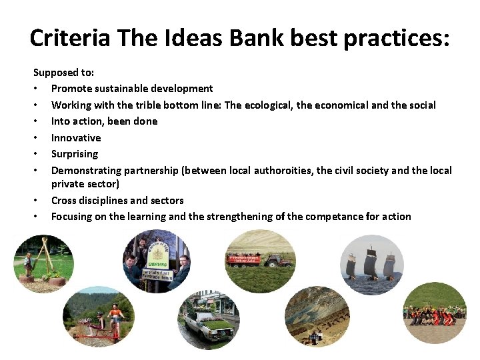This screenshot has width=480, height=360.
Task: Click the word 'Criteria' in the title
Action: pyautogui.click(x=70, y=38)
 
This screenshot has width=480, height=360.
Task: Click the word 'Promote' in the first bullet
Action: pyautogui.click(x=71, y=89)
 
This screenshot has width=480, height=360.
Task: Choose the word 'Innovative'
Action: pyautogui.click(x=76, y=138)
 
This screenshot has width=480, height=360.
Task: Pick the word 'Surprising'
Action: pyautogui.click(x=75, y=154)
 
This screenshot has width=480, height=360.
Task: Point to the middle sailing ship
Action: pyautogui.click(x=371, y=263)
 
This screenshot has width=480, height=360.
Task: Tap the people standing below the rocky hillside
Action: pyautogui.click(x=313, y=337)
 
